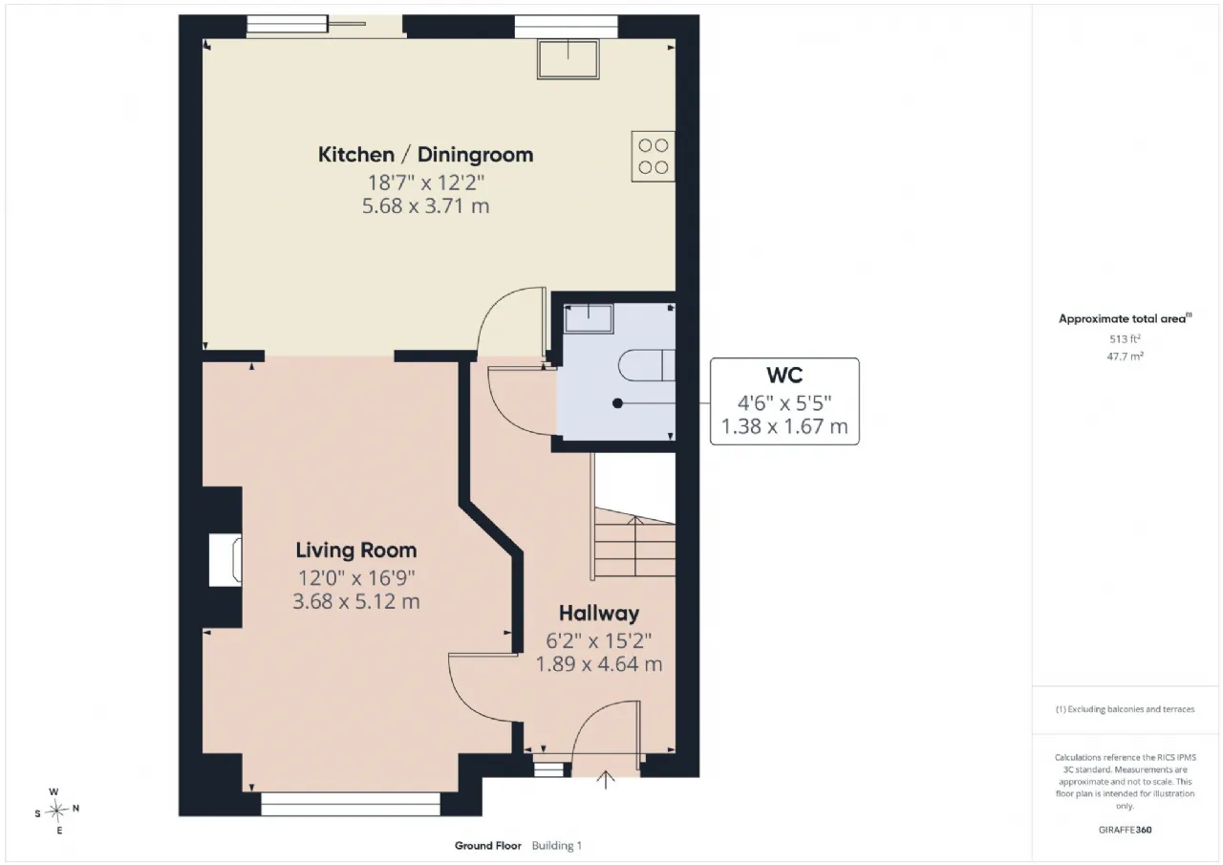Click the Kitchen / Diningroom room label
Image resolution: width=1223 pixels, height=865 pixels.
click(x=426, y=155)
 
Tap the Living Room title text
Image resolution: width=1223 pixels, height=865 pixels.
click(x=356, y=550)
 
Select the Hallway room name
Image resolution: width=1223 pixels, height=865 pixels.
click(x=599, y=614)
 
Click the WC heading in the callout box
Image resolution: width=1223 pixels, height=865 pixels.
click(x=784, y=376)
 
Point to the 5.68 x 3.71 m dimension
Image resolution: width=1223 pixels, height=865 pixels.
click(x=426, y=205)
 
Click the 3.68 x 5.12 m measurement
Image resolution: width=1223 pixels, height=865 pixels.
click(x=356, y=601)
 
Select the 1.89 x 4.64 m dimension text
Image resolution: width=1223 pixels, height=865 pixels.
click(x=599, y=664)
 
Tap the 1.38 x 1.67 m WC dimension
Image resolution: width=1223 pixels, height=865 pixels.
click(x=784, y=426)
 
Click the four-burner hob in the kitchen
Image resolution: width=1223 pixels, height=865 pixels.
click(x=653, y=156)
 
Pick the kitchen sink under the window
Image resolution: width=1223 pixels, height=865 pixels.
click(x=568, y=58)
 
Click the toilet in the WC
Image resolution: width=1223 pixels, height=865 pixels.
click(x=648, y=365)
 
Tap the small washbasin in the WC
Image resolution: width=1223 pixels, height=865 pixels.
click(x=588, y=318)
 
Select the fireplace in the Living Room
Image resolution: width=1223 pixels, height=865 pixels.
click(x=225, y=560)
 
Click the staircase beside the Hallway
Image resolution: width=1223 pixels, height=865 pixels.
click(x=634, y=543)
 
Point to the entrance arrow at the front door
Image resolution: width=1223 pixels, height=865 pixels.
click(x=605, y=779)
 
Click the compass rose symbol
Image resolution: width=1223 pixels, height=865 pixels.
click(x=56, y=811)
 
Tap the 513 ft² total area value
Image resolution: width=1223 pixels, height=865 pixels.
click(x=1125, y=339)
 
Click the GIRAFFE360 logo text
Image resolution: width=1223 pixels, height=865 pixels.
click(x=1125, y=830)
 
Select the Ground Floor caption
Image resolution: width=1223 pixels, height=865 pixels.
click(x=487, y=846)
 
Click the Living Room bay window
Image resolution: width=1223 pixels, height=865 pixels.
click(x=351, y=804)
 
